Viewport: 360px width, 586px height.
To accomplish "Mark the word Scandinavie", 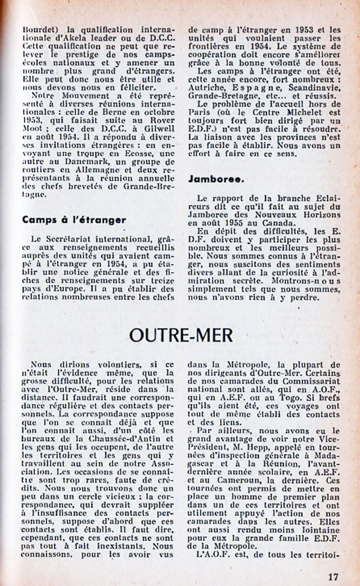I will (x=304, y=86).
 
